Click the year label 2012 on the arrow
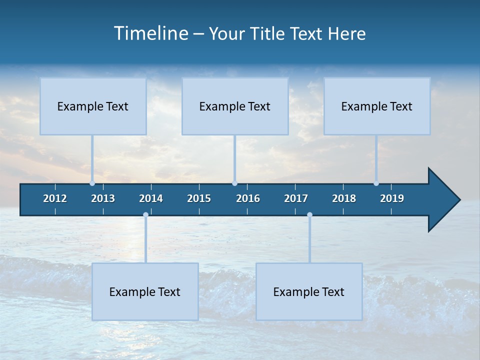[x=55, y=198]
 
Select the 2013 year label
[x=103, y=198]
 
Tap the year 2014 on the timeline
[x=151, y=198]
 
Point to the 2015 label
[x=199, y=198]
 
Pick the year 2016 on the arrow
[x=248, y=198]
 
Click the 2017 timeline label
[x=296, y=198]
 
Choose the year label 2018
[x=344, y=198]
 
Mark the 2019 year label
[x=392, y=198]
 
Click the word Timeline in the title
[x=150, y=33]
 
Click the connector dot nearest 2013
[x=92, y=183]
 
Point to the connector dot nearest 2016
[x=234, y=183]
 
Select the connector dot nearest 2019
[x=376, y=183]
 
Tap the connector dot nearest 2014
[x=145, y=215]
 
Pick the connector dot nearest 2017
[x=309, y=215]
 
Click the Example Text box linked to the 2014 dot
[x=145, y=291]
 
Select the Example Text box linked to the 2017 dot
[x=309, y=291]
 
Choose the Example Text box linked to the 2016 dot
[x=235, y=106]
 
